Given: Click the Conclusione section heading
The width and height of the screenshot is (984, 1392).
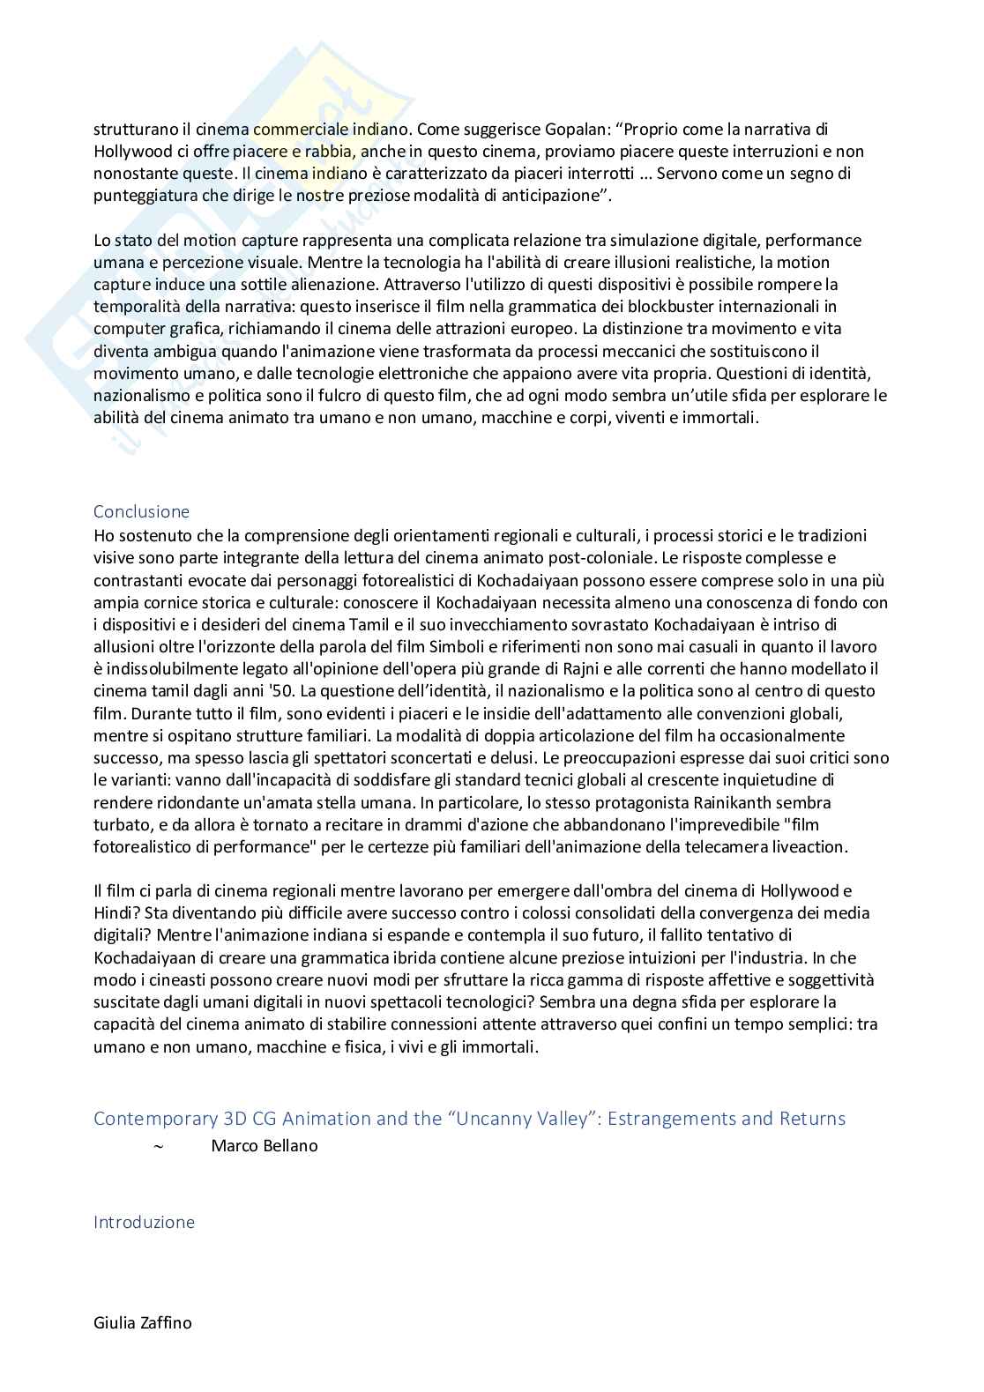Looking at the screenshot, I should click(141, 511).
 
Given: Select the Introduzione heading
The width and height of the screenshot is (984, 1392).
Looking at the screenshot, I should click(144, 1222).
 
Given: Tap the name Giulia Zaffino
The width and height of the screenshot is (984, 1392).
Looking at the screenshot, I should click(142, 1322).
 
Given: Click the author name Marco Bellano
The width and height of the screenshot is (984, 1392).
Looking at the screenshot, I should click(265, 1146).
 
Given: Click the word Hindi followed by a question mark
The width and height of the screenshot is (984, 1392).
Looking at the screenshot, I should click(115, 913).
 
